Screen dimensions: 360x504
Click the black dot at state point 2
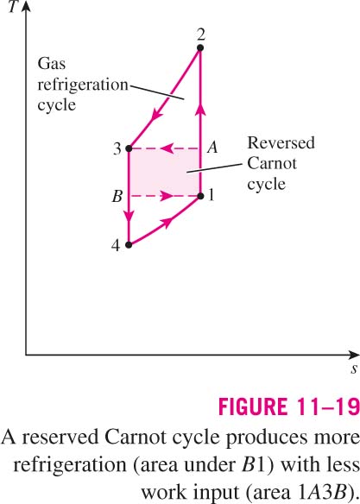coord(200,47)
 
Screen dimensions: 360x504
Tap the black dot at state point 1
coord(200,196)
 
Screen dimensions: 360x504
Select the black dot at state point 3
coord(129,148)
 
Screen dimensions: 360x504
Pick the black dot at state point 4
coord(129,245)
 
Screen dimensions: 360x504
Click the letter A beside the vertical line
coord(212,148)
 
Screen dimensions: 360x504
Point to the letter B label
coord(117,196)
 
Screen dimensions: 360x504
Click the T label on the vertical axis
coord(14,6)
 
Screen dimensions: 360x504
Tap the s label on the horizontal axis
coord(354,369)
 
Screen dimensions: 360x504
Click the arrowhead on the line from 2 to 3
coord(156,114)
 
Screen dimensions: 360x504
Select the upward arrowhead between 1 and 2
coord(200,110)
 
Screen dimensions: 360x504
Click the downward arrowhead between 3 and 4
coord(129,216)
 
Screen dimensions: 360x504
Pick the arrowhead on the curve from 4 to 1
coord(167,222)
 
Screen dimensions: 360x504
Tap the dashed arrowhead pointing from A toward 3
coord(166,148)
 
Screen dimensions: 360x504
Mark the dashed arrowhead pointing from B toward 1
coord(166,196)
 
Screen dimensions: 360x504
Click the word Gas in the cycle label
coord(52,64)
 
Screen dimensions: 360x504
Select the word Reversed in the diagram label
coord(281,143)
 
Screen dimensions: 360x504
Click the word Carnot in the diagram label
coord(272,164)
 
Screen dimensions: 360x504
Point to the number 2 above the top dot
coord(201,35)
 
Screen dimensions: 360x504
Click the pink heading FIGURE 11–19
coord(288,406)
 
